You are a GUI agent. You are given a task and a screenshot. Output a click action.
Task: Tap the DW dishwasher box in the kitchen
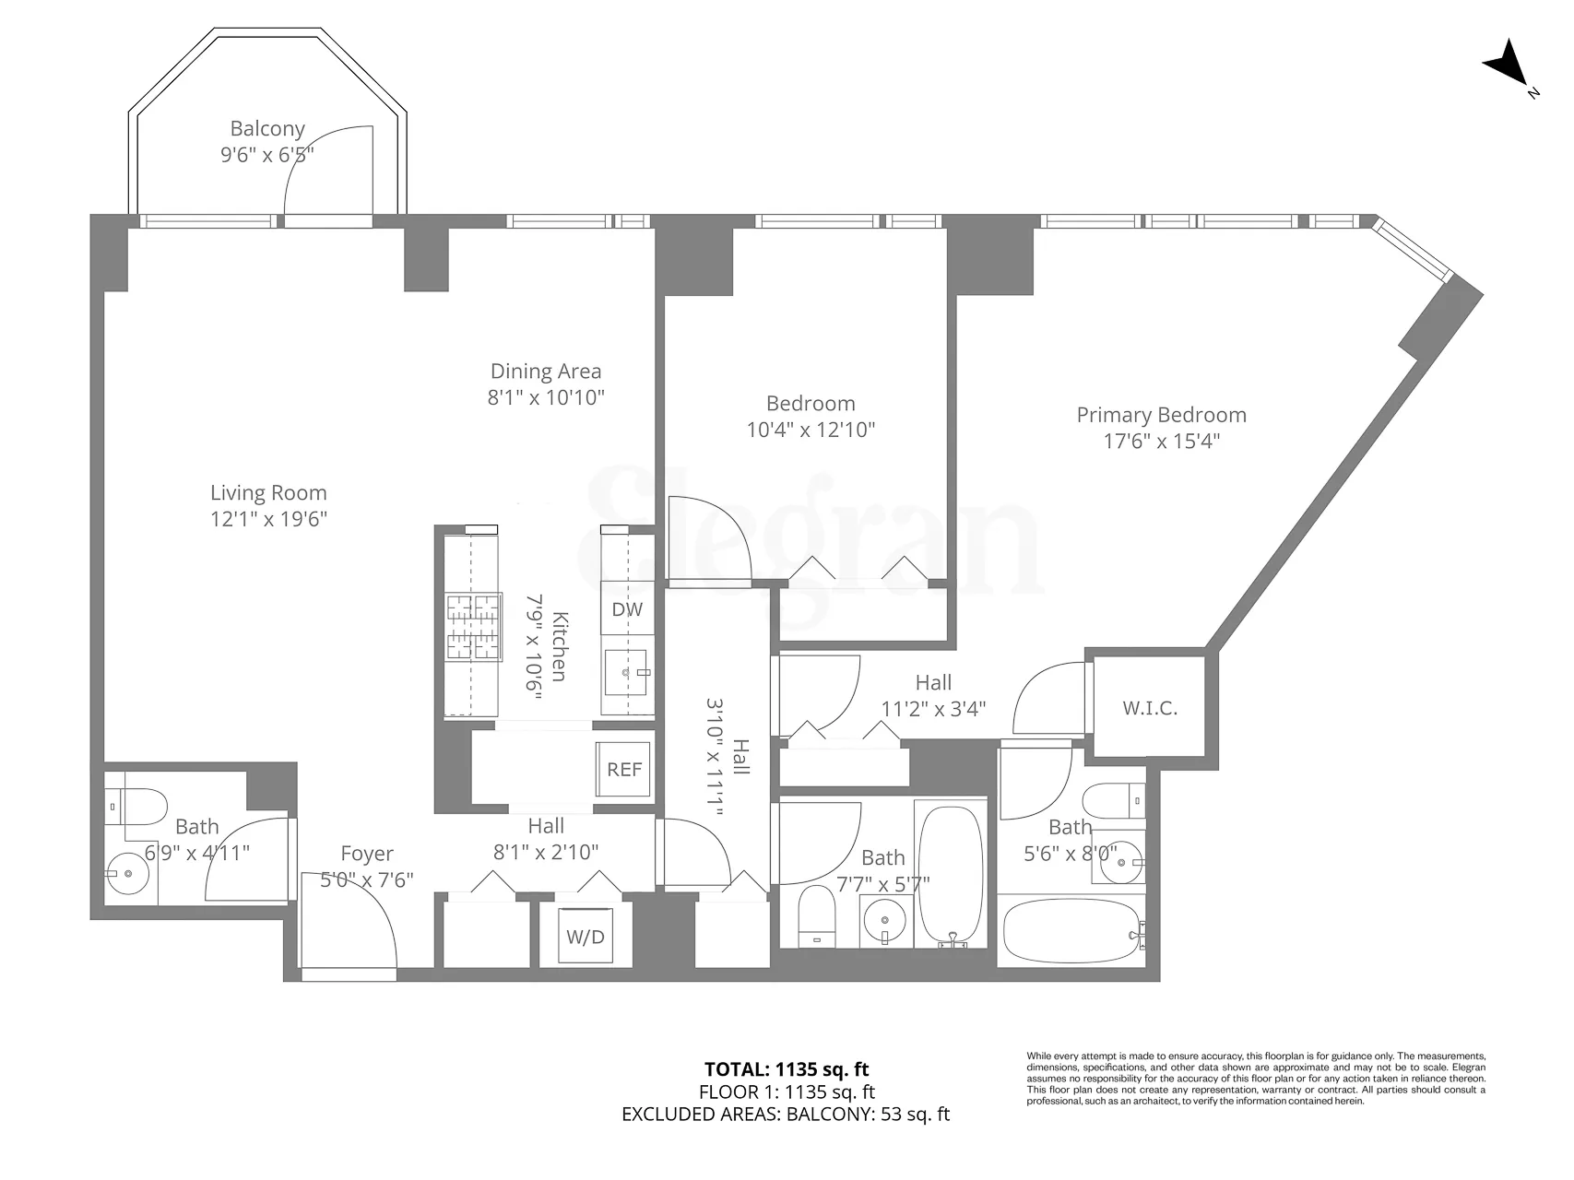[627, 609]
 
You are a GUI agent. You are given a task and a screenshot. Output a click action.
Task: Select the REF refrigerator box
[624, 769]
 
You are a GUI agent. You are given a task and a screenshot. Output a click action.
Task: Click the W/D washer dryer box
[586, 937]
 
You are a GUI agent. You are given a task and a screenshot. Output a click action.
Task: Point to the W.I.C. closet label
[1150, 708]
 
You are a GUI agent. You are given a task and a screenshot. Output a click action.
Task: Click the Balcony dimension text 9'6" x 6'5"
[267, 155]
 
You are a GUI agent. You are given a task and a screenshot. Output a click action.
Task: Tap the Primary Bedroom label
[1161, 415]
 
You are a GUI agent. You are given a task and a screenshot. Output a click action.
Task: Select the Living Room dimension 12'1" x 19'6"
[268, 519]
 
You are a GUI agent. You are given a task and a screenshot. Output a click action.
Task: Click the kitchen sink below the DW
[627, 673]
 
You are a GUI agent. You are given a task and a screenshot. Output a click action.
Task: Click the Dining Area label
[546, 372]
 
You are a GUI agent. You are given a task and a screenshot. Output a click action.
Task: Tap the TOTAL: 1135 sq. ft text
[787, 1069]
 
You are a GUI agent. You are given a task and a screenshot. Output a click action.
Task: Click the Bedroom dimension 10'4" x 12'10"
[811, 430]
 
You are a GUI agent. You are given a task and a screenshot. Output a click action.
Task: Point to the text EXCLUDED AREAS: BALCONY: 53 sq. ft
[786, 1114]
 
